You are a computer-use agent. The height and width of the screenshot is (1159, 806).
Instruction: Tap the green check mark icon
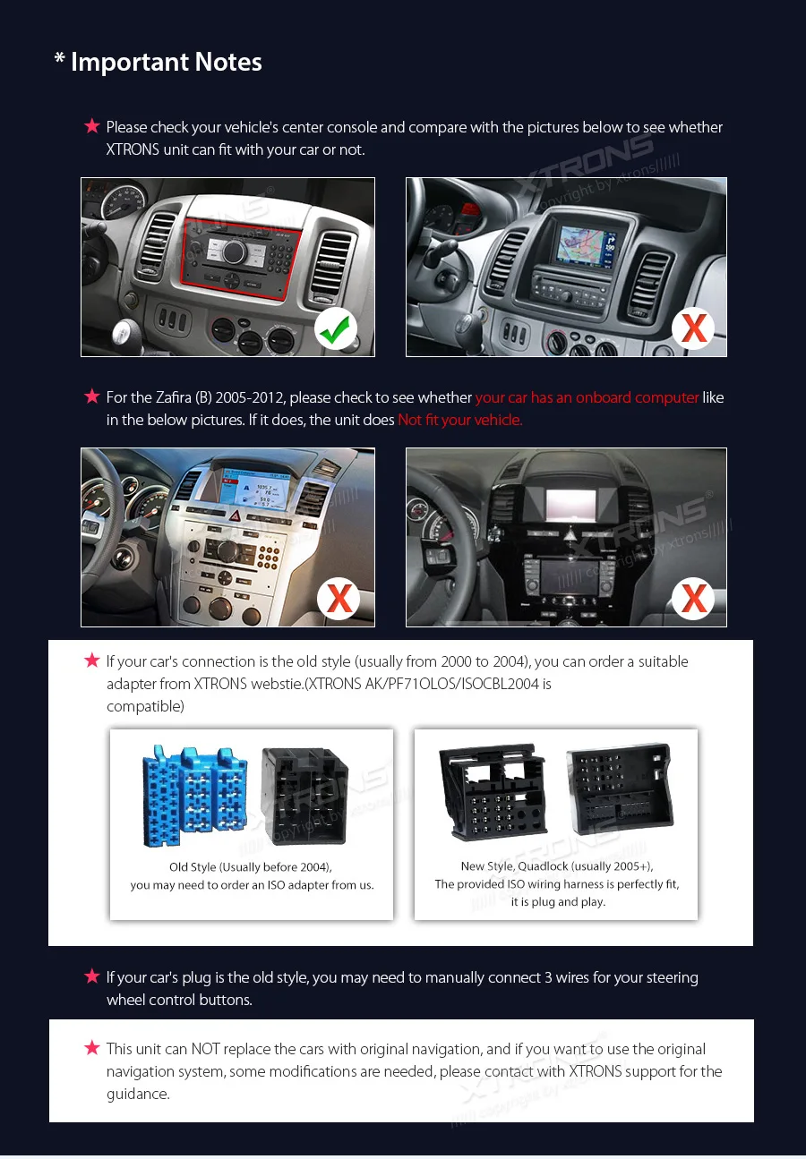(x=336, y=330)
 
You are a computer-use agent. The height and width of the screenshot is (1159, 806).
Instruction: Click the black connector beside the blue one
(x=304, y=796)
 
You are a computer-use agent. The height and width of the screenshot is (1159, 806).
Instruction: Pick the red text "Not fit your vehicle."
(x=460, y=420)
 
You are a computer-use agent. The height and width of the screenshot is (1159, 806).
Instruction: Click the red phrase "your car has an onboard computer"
(x=587, y=397)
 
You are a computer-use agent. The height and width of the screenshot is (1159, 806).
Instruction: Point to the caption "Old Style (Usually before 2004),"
(x=251, y=867)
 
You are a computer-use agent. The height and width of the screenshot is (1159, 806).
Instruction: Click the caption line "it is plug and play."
(x=557, y=902)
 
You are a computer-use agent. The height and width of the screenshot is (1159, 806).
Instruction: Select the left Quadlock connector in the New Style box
(x=493, y=791)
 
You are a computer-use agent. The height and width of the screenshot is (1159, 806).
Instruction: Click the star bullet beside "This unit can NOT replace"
(x=91, y=1047)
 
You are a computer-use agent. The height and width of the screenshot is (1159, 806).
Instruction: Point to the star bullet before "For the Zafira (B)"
(x=91, y=396)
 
